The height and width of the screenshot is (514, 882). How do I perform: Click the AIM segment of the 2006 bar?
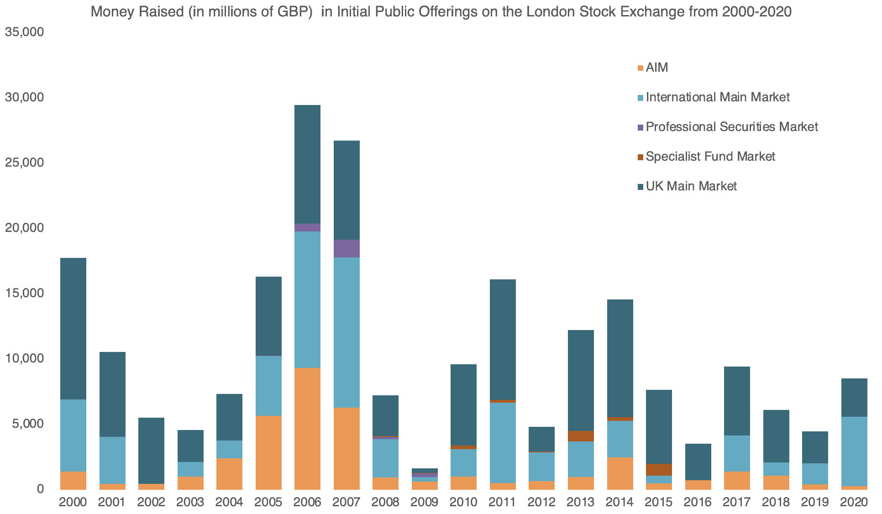coord(307,428)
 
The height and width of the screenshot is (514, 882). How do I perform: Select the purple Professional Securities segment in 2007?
coord(346,248)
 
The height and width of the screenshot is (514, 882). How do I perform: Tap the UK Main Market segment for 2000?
coord(73,329)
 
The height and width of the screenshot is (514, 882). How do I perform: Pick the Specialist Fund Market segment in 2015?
coord(659,470)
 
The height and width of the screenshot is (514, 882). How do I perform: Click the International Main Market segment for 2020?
coord(854,451)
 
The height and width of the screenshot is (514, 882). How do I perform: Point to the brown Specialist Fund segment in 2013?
coord(581,436)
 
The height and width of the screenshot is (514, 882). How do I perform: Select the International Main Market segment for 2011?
coord(503,442)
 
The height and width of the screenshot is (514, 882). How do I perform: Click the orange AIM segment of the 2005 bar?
coord(268,452)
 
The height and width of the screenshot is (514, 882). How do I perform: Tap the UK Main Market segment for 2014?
coord(620,358)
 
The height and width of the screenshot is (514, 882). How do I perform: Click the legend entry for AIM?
coord(657,68)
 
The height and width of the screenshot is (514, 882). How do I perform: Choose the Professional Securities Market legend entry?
coord(731,127)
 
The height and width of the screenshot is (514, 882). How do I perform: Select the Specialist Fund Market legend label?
coord(710,157)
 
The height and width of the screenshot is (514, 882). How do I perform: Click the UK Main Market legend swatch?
coord(640,187)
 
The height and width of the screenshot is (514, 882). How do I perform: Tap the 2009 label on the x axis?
coord(424,503)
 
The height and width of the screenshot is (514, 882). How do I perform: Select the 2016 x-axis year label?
coord(698,503)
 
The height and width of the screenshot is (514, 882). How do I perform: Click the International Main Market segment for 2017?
coord(737,453)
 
